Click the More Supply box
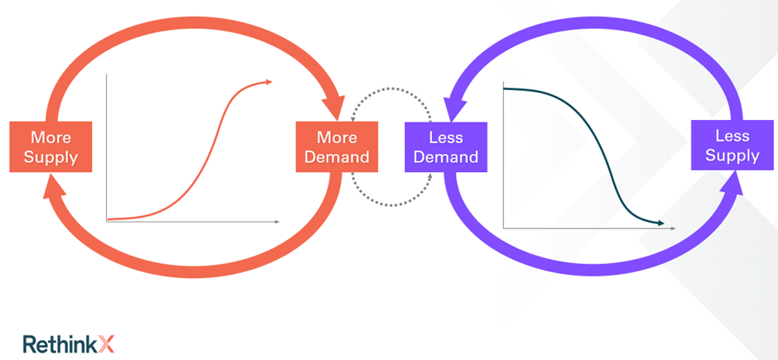pyautogui.click(x=50, y=146)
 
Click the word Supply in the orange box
pyautogui.click(x=50, y=156)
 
